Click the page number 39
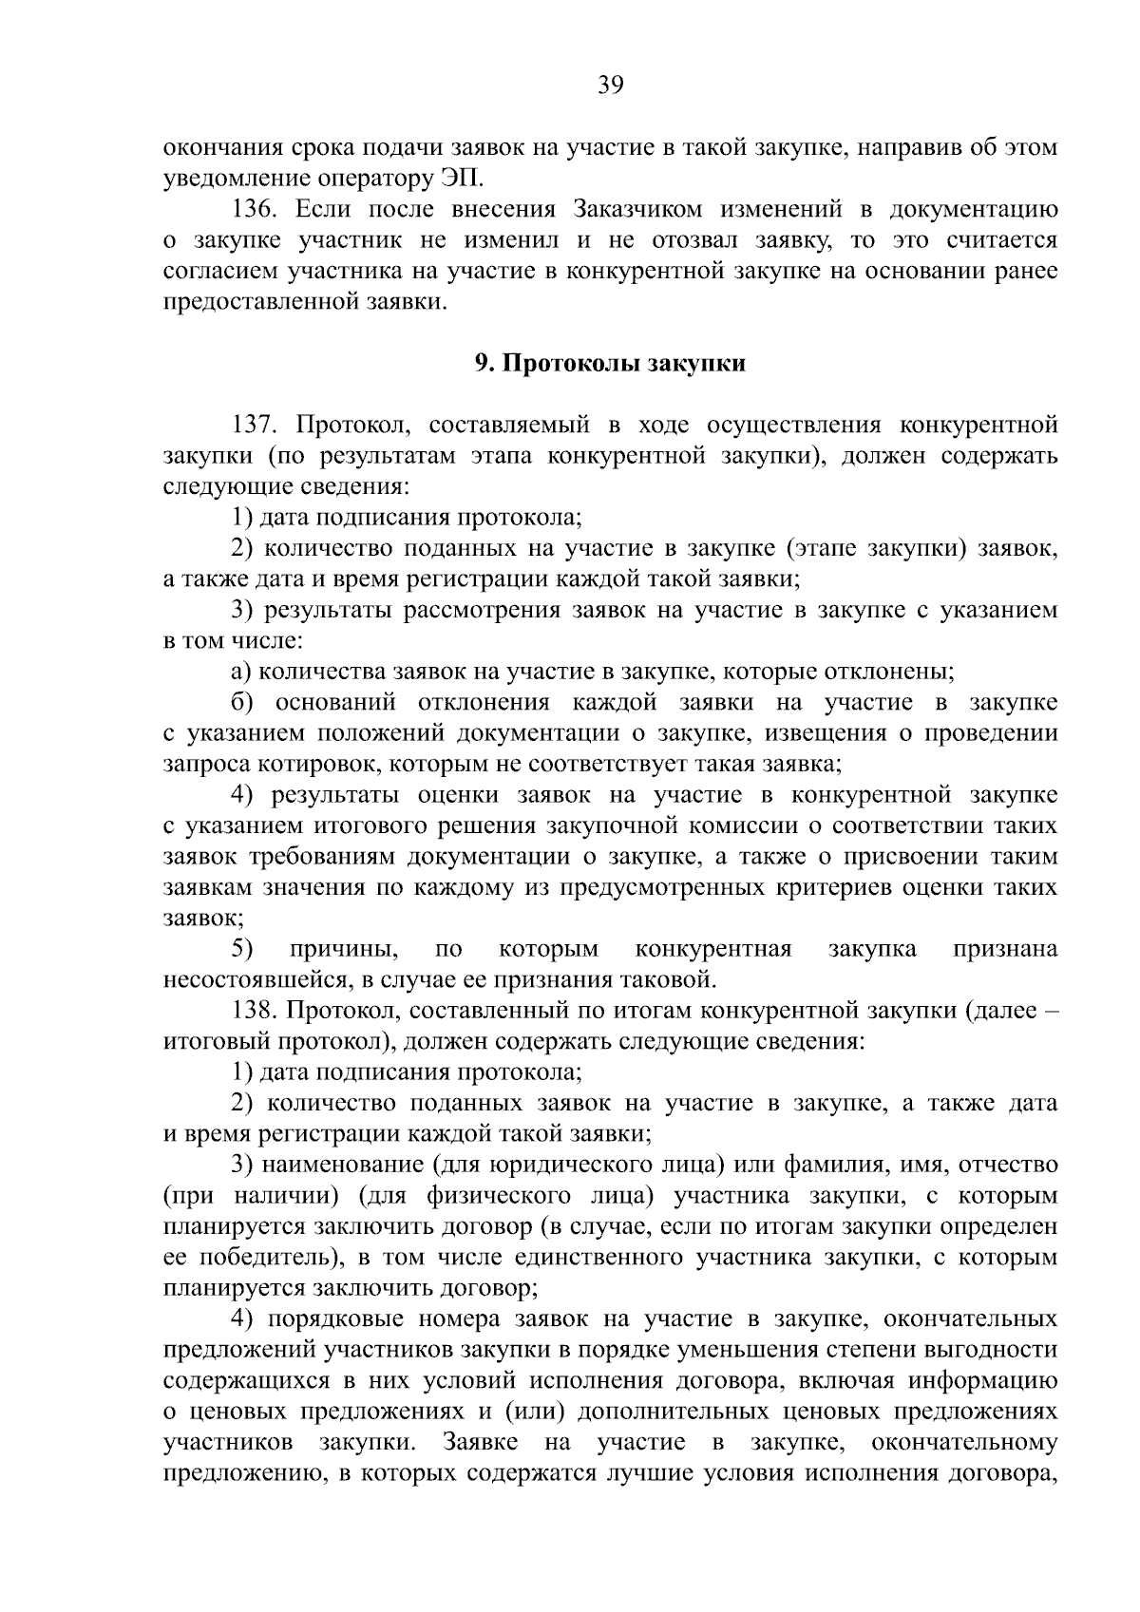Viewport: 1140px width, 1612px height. [x=610, y=86]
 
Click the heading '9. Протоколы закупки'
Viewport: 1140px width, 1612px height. [x=610, y=364]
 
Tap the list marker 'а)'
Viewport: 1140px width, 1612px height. [x=240, y=672]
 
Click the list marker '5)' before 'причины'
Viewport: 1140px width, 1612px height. [x=241, y=948]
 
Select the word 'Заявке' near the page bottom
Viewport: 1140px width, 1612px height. [x=479, y=1443]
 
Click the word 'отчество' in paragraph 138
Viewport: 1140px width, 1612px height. [x=1009, y=1165]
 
